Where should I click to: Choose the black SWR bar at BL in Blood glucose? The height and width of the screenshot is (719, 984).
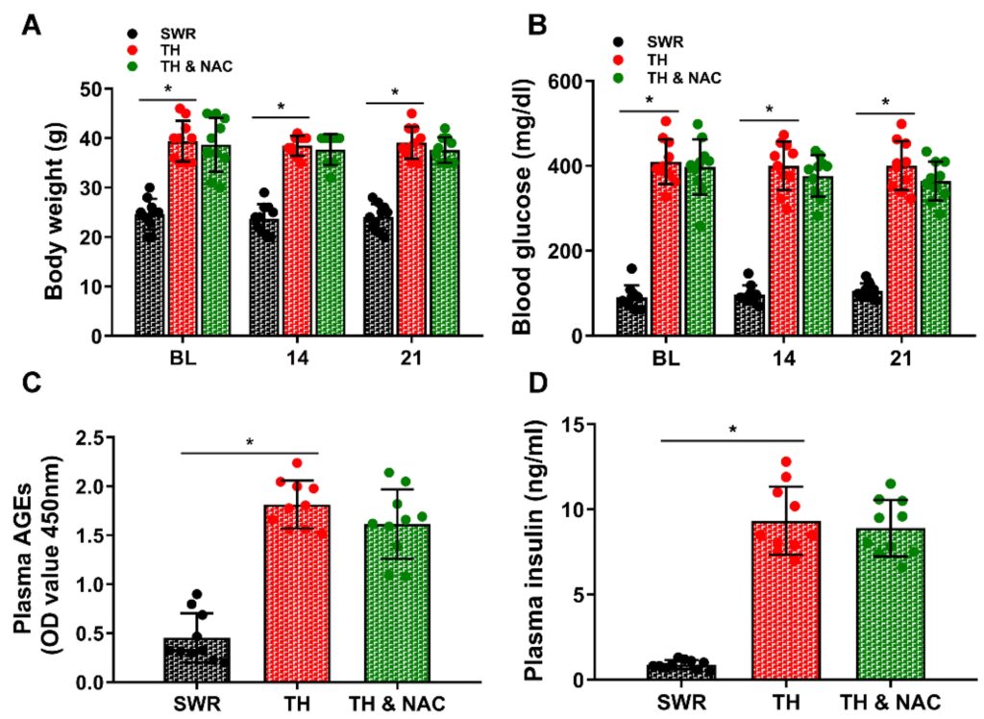[632, 317]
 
